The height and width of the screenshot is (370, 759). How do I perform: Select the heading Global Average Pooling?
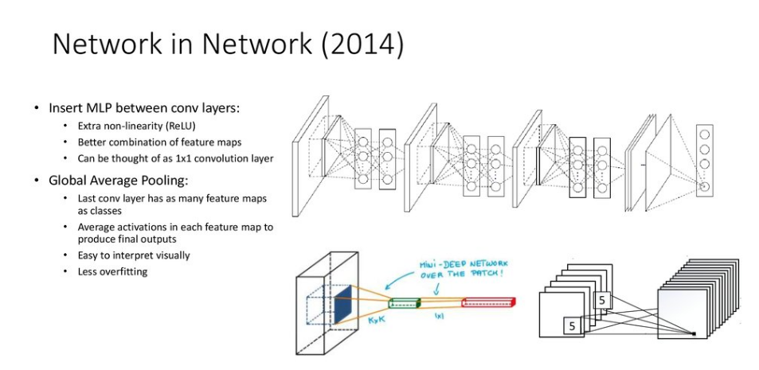click(118, 180)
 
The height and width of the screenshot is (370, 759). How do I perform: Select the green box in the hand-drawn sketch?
click(404, 302)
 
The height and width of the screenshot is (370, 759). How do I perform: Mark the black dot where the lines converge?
click(694, 333)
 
